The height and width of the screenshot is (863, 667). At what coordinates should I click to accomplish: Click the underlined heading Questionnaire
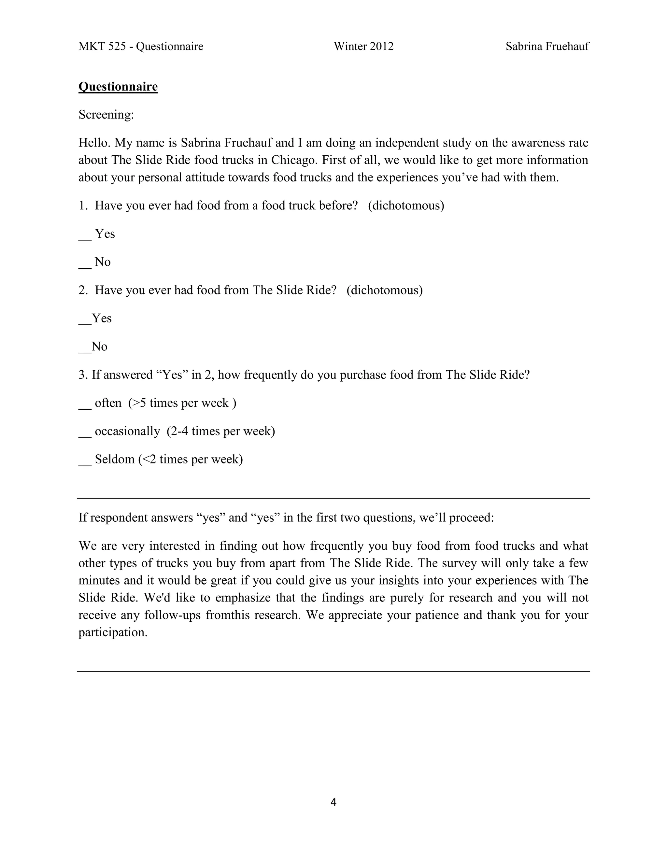pyautogui.click(x=118, y=87)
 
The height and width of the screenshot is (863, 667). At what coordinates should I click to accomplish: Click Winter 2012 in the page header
pyautogui.click(x=363, y=47)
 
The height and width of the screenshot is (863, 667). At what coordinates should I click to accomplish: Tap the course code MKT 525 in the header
pyautogui.click(x=102, y=47)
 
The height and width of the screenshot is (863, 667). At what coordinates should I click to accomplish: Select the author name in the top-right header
pyautogui.click(x=547, y=47)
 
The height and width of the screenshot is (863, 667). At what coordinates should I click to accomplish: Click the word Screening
pyautogui.click(x=106, y=115)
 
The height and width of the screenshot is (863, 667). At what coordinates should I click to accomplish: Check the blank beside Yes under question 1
pyautogui.click(x=85, y=235)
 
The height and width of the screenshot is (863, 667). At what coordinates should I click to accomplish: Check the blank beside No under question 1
pyautogui.click(x=85, y=263)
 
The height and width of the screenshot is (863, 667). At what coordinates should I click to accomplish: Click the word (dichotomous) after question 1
pyautogui.click(x=406, y=205)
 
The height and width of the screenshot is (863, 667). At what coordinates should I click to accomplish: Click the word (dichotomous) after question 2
pyautogui.click(x=385, y=290)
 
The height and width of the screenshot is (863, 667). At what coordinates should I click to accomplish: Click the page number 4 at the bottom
pyautogui.click(x=333, y=802)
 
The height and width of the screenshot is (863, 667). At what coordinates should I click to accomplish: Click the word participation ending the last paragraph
pyautogui.click(x=112, y=632)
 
